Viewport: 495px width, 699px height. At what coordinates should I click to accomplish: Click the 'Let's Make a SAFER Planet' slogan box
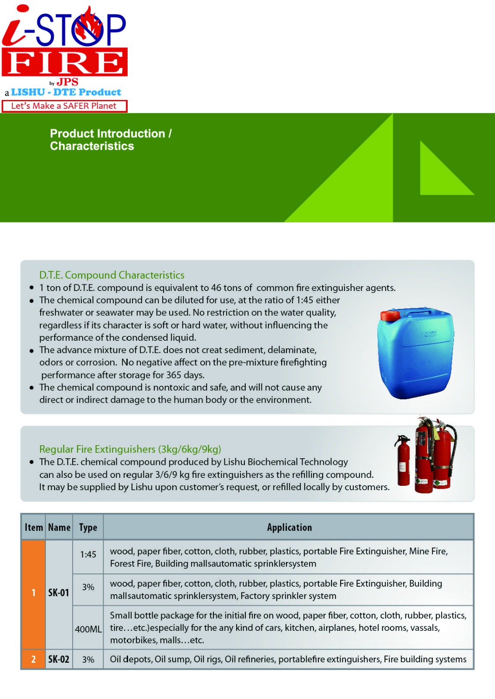tap(64, 106)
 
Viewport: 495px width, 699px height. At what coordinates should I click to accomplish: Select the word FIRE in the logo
tap(65, 63)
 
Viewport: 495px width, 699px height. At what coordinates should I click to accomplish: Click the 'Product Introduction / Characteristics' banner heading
tap(111, 140)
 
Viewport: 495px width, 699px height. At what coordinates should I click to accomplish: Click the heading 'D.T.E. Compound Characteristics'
tap(112, 275)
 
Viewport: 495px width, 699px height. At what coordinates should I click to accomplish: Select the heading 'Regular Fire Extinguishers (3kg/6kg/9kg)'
tap(130, 449)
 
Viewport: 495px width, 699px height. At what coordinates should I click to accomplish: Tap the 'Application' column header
tap(289, 527)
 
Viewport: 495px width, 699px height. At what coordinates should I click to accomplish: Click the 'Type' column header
tap(88, 527)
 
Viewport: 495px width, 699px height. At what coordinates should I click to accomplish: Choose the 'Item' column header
tap(34, 527)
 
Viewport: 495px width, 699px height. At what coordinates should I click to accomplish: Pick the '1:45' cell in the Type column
tap(88, 554)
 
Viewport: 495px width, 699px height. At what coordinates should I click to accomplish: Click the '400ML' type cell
tap(88, 629)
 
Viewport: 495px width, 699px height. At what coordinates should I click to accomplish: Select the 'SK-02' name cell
tap(59, 659)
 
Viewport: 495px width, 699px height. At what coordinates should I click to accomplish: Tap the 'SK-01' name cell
tap(59, 593)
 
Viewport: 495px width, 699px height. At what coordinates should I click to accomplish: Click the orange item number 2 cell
tap(33, 659)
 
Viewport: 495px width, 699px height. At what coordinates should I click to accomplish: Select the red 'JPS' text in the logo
tap(67, 82)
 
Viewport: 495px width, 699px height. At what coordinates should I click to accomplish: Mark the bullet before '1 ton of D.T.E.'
tap(31, 288)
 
